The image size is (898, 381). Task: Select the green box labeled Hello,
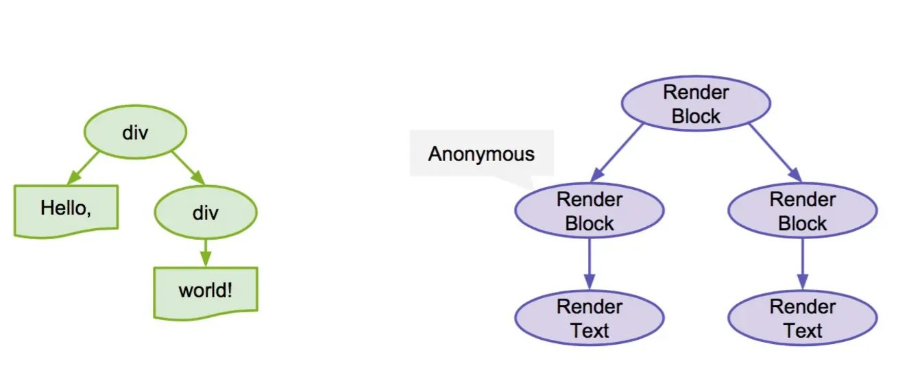pyautogui.click(x=66, y=210)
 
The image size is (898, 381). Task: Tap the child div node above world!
pyautogui.click(x=206, y=213)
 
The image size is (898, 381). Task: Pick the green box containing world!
pyautogui.click(x=206, y=292)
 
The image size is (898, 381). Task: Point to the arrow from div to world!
pyautogui.click(x=206, y=251)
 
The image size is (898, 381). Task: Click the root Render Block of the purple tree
pyautogui.click(x=696, y=104)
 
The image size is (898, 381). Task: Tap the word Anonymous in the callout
pyautogui.click(x=481, y=153)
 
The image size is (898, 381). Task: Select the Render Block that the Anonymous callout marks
pyautogui.click(x=589, y=212)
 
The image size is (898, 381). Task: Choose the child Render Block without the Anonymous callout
pyautogui.click(x=802, y=212)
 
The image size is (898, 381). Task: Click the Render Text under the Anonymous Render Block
pyautogui.click(x=589, y=319)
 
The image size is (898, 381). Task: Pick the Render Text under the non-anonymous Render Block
pyautogui.click(x=802, y=319)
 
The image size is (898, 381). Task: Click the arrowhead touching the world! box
pyautogui.click(x=206, y=260)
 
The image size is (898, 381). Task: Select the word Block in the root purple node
pyautogui.click(x=696, y=116)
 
